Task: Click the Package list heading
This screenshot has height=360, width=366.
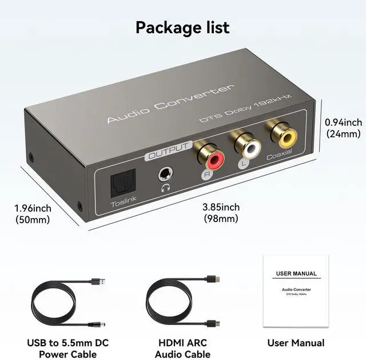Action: pyautogui.click(x=182, y=27)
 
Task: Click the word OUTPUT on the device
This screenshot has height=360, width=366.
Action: pyautogui.click(x=168, y=151)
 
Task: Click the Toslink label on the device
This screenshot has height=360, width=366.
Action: pyautogui.click(x=122, y=203)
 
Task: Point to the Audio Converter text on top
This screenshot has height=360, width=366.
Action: pyautogui.click(x=171, y=104)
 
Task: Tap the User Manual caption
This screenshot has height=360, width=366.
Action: pyautogui.click(x=296, y=343)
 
